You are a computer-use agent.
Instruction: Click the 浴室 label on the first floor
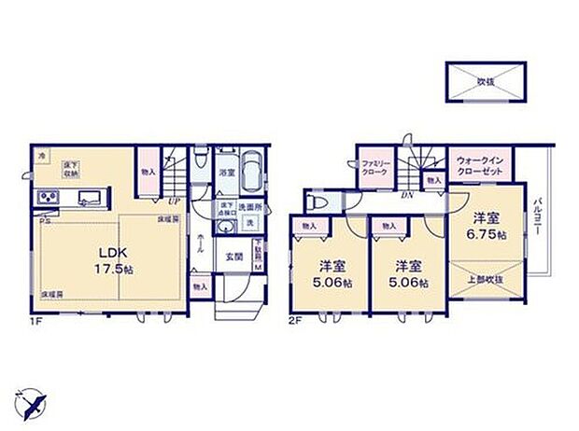(x=226, y=173)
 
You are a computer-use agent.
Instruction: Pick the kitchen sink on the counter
(x=90, y=197)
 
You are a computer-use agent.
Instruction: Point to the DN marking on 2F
(x=408, y=195)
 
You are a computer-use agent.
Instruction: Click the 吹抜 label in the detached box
(x=484, y=82)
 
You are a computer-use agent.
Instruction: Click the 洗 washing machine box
(x=249, y=223)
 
